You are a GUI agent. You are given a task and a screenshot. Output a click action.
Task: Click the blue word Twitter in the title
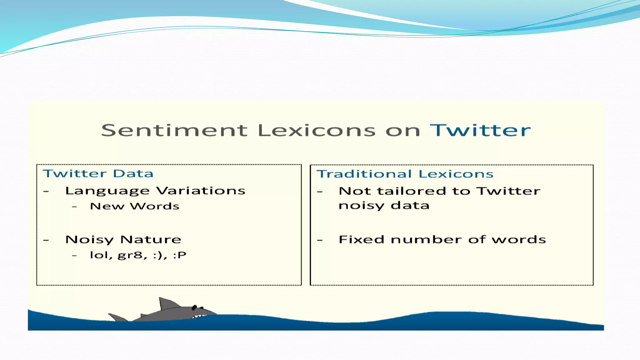tap(480, 130)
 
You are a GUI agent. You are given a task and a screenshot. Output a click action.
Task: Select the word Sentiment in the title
tap(174, 130)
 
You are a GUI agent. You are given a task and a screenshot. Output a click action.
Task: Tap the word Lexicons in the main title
tap(317, 130)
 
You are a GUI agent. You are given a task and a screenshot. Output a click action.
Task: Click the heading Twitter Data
tap(98, 173)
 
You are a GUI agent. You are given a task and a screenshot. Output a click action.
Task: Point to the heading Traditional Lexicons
tap(405, 174)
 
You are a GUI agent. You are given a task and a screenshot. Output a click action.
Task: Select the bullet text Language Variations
tap(155, 191)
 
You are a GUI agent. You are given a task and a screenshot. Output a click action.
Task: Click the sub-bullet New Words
tap(135, 206)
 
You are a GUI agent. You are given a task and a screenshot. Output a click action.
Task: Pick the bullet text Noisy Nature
tap(123, 240)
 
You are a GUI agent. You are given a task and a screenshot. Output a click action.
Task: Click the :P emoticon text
tap(180, 255)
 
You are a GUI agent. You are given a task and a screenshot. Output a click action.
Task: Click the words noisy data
tap(384, 206)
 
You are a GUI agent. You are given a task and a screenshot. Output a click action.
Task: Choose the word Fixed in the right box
tap(361, 239)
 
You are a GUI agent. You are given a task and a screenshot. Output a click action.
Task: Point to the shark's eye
tap(194, 307)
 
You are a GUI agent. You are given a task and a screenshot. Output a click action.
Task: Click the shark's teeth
tap(199, 316)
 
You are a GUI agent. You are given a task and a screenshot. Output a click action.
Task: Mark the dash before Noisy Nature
tap(46, 240)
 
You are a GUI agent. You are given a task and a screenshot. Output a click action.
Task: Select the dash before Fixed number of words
tap(320, 240)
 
